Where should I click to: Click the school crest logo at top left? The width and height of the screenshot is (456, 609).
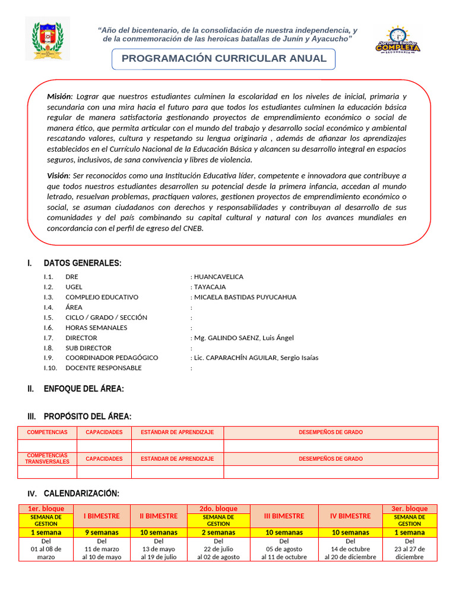click(x=47, y=39)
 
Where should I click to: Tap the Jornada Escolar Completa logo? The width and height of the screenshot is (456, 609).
click(x=398, y=40)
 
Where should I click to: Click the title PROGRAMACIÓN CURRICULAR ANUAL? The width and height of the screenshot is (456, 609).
click(x=224, y=58)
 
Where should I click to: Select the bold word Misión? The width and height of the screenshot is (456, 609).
click(x=59, y=96)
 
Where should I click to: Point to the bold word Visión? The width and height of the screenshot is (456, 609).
click(x=58, y=175)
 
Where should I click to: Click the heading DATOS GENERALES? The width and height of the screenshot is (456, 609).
click(x=83, y=263)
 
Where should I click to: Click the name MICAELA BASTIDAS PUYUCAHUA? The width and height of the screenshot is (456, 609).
click(x=245, y=297)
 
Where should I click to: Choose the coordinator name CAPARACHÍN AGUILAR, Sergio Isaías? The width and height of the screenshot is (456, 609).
click(x=256, y=357)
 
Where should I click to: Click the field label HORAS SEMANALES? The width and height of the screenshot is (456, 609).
click(x=96, y=328)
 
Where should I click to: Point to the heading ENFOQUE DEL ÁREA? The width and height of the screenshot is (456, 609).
click(x=84, y=388)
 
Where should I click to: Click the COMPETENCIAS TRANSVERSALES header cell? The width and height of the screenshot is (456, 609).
click(x=47, y=459)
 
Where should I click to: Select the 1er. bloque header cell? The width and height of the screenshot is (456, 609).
click(x=46, y=508)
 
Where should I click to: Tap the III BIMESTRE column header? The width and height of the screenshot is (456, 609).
click(x=284, y=516)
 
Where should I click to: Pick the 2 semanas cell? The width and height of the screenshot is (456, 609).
click(x=218, y=532)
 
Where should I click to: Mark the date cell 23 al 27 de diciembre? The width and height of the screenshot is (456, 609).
click(x=410, y=549)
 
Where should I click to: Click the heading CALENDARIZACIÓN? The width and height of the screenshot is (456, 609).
click(x=81, y=493)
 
